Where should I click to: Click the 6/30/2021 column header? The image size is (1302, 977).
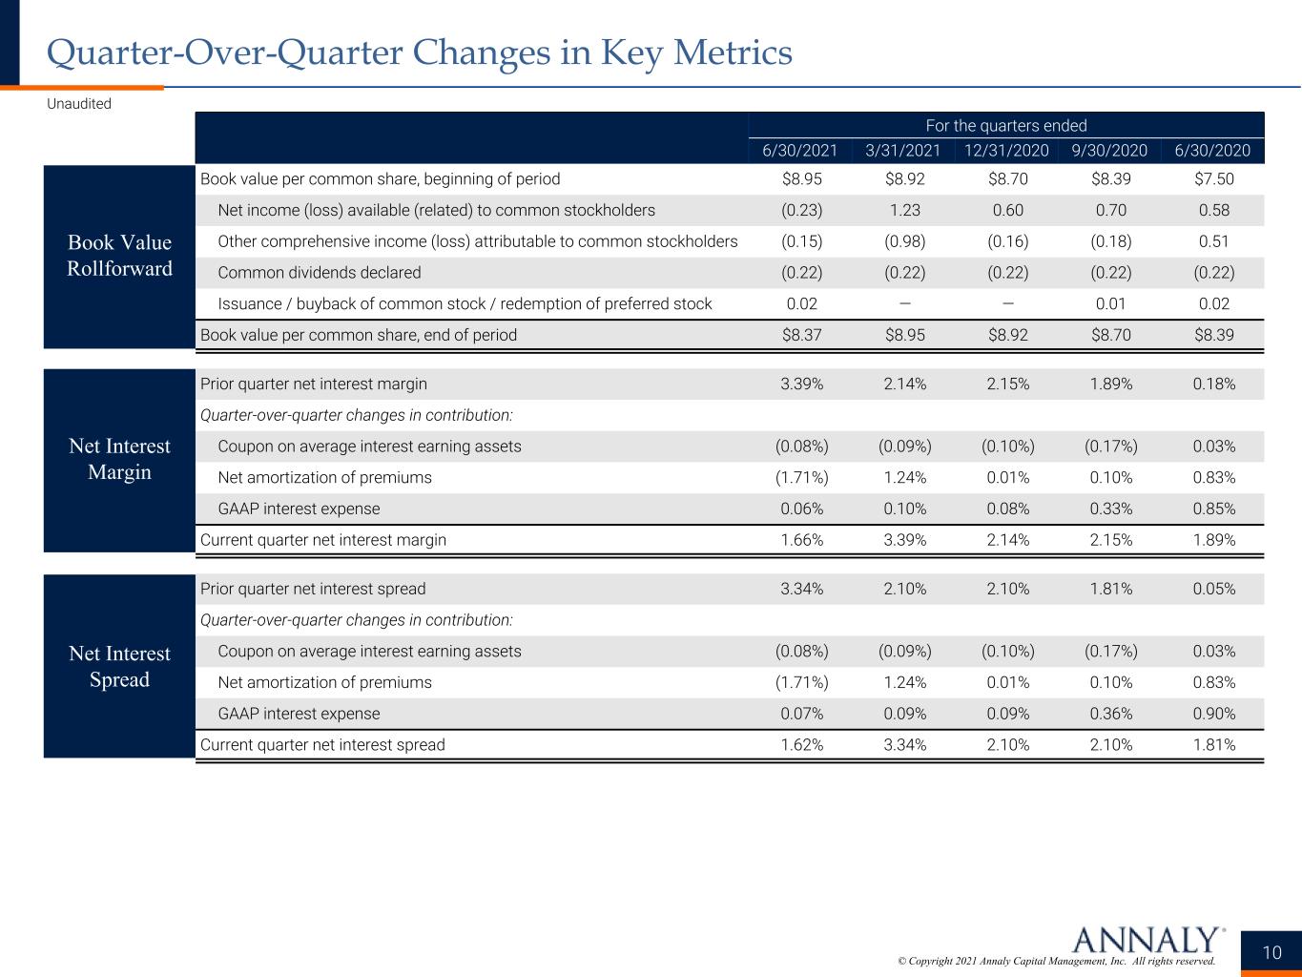click(x=799, y=151)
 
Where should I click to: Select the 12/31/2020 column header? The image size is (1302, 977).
click(x=1006, y=151)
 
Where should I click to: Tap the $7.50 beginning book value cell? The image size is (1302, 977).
click(x=1213, y=179)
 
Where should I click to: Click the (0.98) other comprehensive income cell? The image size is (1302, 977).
click(x=904, y=241)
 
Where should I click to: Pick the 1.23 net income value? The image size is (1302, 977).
click(x=904, y=210)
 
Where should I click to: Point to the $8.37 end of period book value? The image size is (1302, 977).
click(x=802, y=335)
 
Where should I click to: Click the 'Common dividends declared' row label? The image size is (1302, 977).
click(x=320, y=273)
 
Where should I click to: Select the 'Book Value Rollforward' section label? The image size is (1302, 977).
click(x=119, y=255)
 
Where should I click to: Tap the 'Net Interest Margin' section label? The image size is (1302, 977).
click(x=119, y=459)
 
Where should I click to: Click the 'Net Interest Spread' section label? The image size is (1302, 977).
click(x=119, y=666)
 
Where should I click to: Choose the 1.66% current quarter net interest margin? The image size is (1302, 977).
click(x=802, y=540)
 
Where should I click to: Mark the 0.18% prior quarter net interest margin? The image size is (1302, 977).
click(x=1214, y=384)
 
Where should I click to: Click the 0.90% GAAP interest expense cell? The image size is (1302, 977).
click(x=1214, y=714)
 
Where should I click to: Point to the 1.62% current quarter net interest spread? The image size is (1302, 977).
click(x=802, y=745)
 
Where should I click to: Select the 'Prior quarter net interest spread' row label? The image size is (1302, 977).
click(x=313, y=589)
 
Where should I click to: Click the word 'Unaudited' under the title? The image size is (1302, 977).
click(x=79, y=104)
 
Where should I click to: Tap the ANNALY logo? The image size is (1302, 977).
click(x=1148, y=940)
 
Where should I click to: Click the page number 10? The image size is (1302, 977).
click(x=1271, y=953)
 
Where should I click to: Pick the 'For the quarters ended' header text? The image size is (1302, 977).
click(x=1006, y=126)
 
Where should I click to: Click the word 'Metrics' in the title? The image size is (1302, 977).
click(x=733, y=52)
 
